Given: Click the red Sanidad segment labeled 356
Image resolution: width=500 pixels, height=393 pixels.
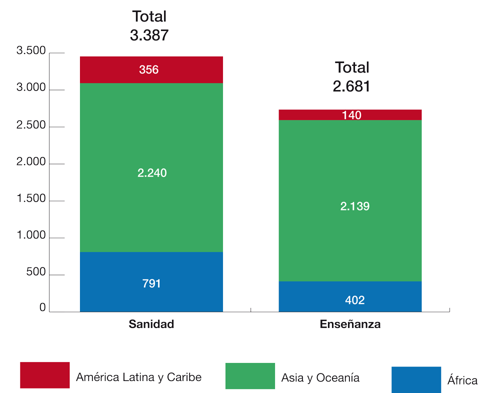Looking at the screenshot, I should [x=151, y=69].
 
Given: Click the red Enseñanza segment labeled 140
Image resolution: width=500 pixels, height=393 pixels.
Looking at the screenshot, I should [x=350, y=115].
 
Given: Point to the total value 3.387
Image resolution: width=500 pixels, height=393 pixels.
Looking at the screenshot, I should [x=149, y=35].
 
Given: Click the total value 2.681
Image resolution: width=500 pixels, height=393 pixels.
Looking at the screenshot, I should [x=351, y=86].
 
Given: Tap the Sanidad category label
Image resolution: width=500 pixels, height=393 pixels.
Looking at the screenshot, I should [x=151, y=324].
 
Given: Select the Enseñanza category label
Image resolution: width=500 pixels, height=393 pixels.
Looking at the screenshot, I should [x=350, y=324].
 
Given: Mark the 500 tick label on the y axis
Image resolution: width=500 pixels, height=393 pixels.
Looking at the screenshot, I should [x=36, y=273].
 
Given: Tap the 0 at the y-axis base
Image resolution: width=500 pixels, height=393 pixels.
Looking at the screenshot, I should [x=43, y=308].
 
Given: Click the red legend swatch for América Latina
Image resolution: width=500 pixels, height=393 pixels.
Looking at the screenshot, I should [x=45, y=375].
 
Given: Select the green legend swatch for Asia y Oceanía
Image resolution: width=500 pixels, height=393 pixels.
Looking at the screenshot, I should [x=250, y=375].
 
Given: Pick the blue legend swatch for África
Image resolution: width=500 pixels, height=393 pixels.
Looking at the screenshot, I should [x=416, y=379].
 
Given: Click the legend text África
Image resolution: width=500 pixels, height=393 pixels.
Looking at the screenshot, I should [x=462, y=380].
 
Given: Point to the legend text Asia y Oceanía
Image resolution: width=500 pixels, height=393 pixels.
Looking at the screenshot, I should [x=320, y=377].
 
